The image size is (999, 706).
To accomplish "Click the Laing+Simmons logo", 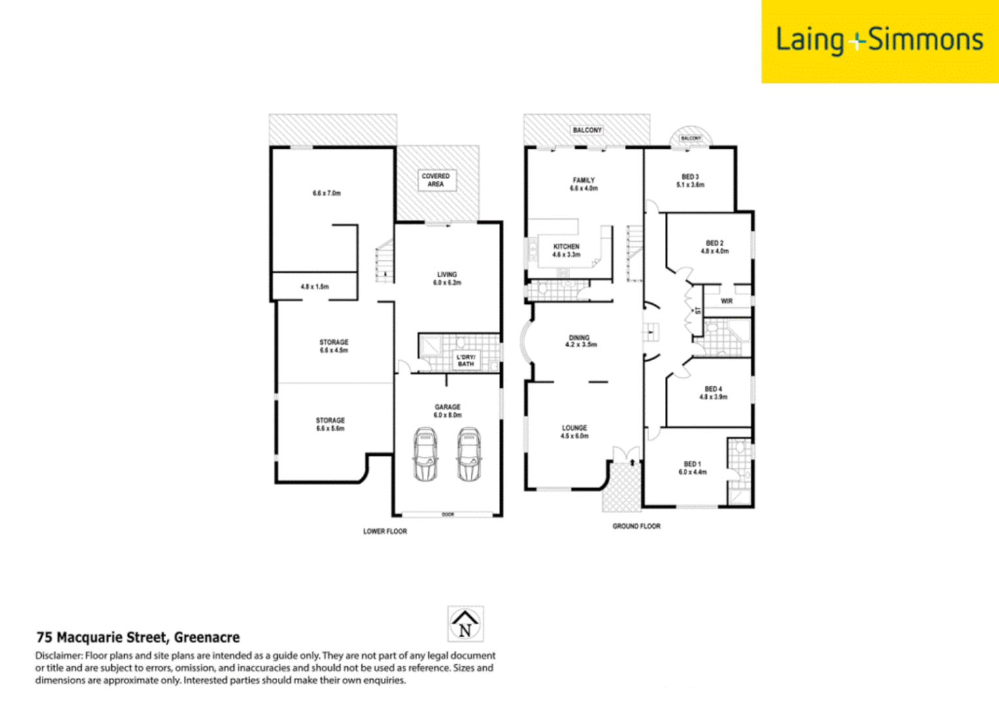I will click(x=879, y=41).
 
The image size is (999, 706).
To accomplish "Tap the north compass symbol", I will click(x=465, y=624).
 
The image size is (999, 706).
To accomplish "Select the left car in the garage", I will click(x=426, y=454).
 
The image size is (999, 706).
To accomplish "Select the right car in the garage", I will click(x=469, y=454).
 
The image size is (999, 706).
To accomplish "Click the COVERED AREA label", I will click(x=436, y=180).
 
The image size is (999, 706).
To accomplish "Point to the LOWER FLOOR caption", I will click(x=385, y=531).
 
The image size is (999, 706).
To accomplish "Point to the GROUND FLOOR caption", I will click(x=636, y=526).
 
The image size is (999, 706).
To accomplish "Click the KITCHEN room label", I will click(x=566, y=247).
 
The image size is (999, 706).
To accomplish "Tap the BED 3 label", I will click(x=690, y=177).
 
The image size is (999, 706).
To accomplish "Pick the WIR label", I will click(x=726, y=301).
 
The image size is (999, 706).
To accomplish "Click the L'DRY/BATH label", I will click(x=466, y=360).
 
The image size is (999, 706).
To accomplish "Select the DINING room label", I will click(x=579, y=338).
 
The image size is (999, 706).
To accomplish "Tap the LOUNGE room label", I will click(x=574, y=428).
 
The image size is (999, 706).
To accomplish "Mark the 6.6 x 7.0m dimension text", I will click(x=326, y=193).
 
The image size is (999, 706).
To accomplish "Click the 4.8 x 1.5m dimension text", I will click(x=314, y=287).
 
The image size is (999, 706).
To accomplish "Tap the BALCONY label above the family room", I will click(x=587, y=130).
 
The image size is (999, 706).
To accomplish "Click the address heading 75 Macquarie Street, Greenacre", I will click(x=138, y=637).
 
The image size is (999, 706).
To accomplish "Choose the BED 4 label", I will click(x=713, y=389).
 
